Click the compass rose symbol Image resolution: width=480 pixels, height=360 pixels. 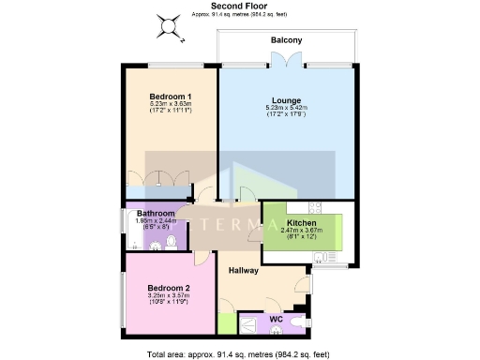[171, 27]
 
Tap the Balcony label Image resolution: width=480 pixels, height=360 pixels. [286, 40]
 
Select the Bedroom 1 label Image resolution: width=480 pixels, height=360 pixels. [171, 97]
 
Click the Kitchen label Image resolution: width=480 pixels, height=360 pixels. [308, 222]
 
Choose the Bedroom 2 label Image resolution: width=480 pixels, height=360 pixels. [170, 288]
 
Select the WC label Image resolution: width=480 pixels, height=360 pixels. [276, 320]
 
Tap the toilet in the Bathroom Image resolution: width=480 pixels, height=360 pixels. [170, 243]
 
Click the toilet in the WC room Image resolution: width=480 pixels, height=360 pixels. [297, 324]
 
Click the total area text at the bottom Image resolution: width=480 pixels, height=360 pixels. [239, 353]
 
